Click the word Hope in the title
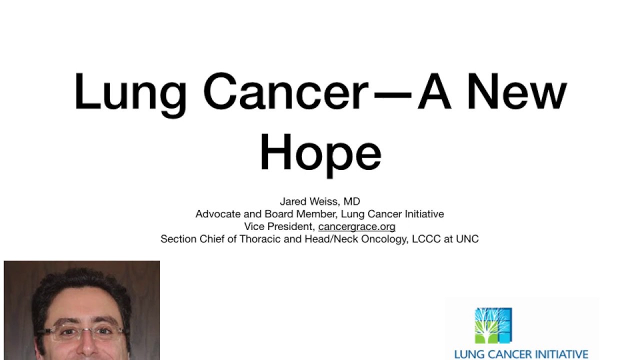pyautogui.click(x=320, y=152)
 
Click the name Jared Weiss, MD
pyautogui.click(x=319, y=201)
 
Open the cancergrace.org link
pyautogui.click(x=356, y=226)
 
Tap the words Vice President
pyautogui.click(x=278, y=226)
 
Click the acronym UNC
pyautogui.click(x=467, y=239)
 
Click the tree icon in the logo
pyautogui.click(x=493, y=325)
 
